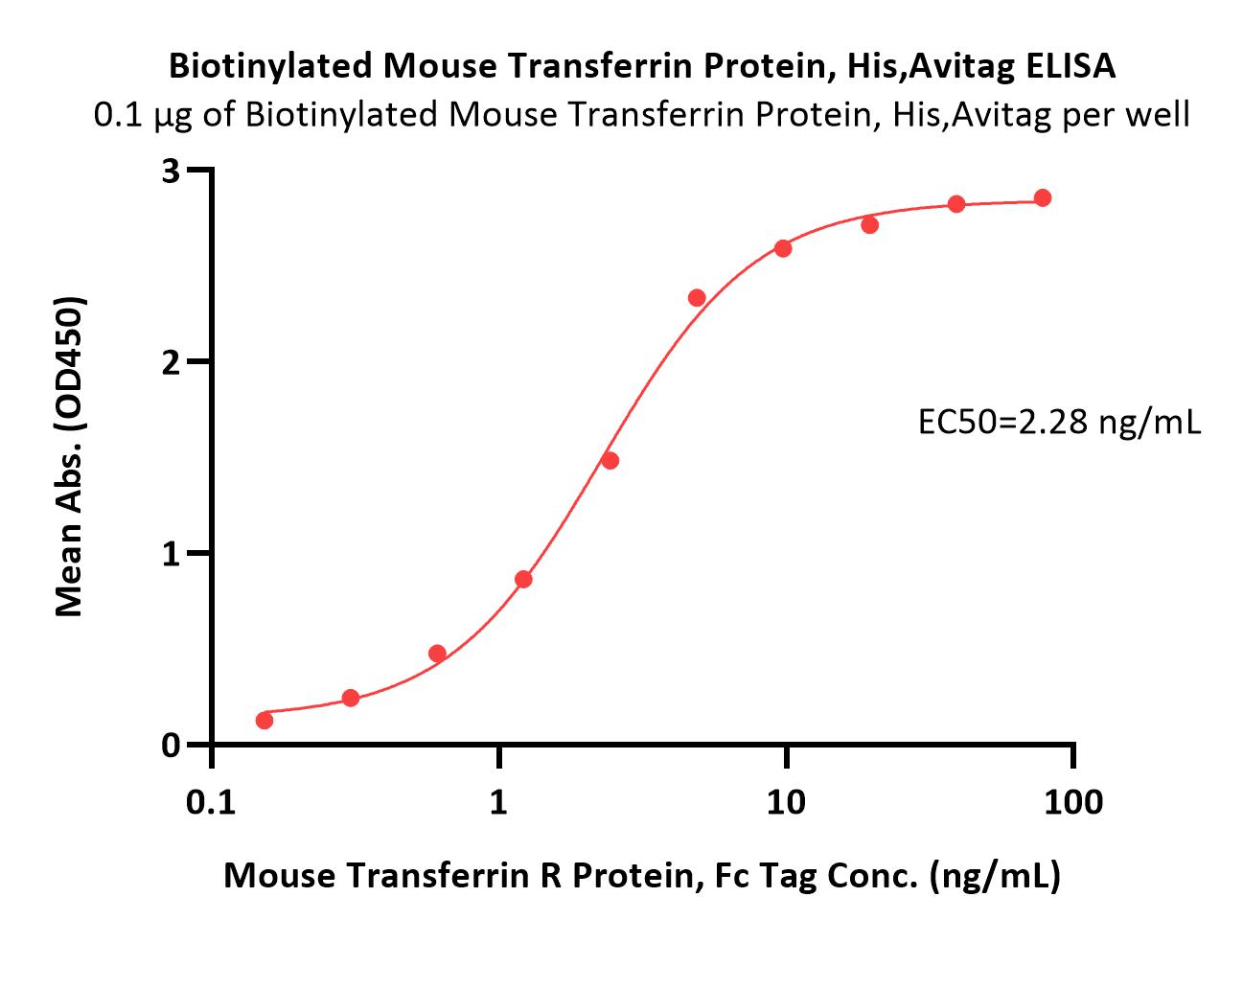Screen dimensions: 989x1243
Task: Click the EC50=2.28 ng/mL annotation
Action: point(1059,422)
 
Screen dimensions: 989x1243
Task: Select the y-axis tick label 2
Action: point(172,362)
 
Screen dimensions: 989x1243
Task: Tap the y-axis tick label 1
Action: point(172,554)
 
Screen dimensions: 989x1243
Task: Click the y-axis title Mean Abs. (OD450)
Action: point(70,456)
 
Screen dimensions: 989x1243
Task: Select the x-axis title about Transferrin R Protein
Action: point(641,875)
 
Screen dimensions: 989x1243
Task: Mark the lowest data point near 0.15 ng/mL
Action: point(265,720)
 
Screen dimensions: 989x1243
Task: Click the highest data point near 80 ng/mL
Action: point(1043,197)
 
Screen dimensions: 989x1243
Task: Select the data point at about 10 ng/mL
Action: point(783,248)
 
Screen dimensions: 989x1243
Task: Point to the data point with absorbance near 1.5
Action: point(610,460)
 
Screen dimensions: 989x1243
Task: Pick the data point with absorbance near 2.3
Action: point(697,298)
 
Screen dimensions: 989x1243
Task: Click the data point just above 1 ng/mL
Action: point(523,579)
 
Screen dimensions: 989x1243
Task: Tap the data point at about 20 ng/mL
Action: point(869,225)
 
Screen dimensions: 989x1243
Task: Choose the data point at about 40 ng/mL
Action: point(956,203)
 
